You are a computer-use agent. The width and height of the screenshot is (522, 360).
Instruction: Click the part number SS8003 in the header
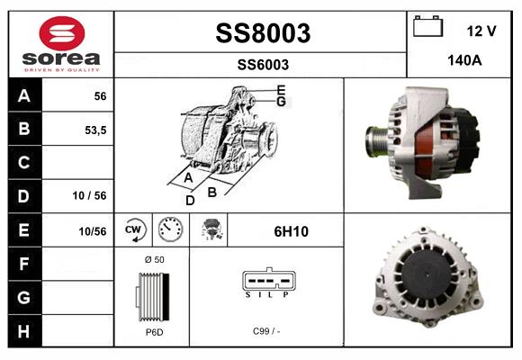[x=263, y=33]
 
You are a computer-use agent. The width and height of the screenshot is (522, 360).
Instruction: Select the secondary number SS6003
[x=263, y=64]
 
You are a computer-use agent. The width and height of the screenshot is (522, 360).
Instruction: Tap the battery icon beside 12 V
[x=428, y=28]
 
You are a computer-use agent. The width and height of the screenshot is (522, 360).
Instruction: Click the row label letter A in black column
[x=23, y=96]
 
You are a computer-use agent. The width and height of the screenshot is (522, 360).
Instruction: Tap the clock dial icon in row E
[x=169, y=229]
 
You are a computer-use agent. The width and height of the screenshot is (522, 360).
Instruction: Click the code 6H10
[x=291, y=230]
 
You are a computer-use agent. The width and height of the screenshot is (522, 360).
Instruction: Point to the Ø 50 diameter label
[x=154, y=260]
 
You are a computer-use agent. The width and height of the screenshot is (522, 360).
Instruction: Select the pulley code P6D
[x=153, y=333]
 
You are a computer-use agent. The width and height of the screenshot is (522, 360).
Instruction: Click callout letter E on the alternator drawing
[x=281, y=89]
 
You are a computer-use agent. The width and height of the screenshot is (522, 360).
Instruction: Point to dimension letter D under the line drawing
[x=190, y=201]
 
